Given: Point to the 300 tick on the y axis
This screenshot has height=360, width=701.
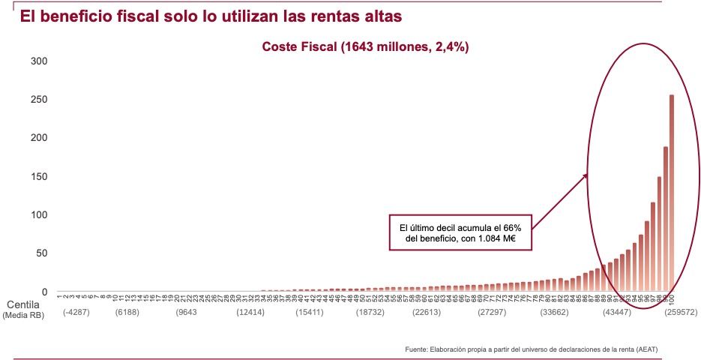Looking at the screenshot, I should point(39,61).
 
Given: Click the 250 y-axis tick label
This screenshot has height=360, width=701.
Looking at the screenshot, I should point(39,99).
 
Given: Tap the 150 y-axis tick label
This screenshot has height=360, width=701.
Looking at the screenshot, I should point(39,176).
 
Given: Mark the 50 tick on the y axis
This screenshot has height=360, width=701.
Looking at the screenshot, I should point(42,253).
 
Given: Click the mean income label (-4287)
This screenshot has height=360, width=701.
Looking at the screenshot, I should point(76,311).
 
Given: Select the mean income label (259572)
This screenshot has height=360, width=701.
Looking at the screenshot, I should point(659,311).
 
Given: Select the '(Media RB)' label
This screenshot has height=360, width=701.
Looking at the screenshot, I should point(24,316).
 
